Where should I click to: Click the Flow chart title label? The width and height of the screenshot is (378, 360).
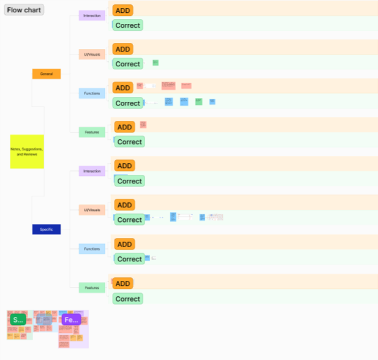click(x=24, y=10)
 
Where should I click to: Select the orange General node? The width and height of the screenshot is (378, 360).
click(x=47, y=74)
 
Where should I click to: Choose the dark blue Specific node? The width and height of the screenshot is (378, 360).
click(x=47, y=229)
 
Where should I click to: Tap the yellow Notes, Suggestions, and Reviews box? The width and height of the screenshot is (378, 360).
click(x=27, y=151)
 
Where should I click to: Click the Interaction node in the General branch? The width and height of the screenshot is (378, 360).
click(x=93, y=15)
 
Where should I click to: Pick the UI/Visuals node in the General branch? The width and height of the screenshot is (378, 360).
click(x=93, y=55)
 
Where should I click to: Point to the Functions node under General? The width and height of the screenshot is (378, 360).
click(x=93, y=93)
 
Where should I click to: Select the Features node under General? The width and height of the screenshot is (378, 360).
click(x=93, y=132)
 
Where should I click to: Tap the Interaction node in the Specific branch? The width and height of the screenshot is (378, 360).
click(x=93, y=171)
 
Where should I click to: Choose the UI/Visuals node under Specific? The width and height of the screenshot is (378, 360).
click(x=93, y=210)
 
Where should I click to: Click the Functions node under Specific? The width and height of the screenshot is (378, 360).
click(x=93, y=249)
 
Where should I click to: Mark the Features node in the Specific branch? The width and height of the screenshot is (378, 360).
click(x=93, y=288)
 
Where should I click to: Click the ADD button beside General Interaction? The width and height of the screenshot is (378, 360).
click(x=123, y=10)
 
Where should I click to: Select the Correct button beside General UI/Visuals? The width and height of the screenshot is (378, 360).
click(x=128, y=64)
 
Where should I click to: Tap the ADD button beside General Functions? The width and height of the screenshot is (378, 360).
click(x=123, y=88)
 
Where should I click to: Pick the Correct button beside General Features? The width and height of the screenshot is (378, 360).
click(x=129, y=142)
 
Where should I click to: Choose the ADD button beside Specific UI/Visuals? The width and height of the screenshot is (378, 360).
click(x=124, y=205)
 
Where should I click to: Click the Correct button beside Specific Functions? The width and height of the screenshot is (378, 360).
click(x=129, y=259)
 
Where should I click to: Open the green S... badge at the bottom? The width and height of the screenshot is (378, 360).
click(x=18, y=320)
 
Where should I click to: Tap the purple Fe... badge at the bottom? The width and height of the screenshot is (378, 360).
click(x=71, y=320)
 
